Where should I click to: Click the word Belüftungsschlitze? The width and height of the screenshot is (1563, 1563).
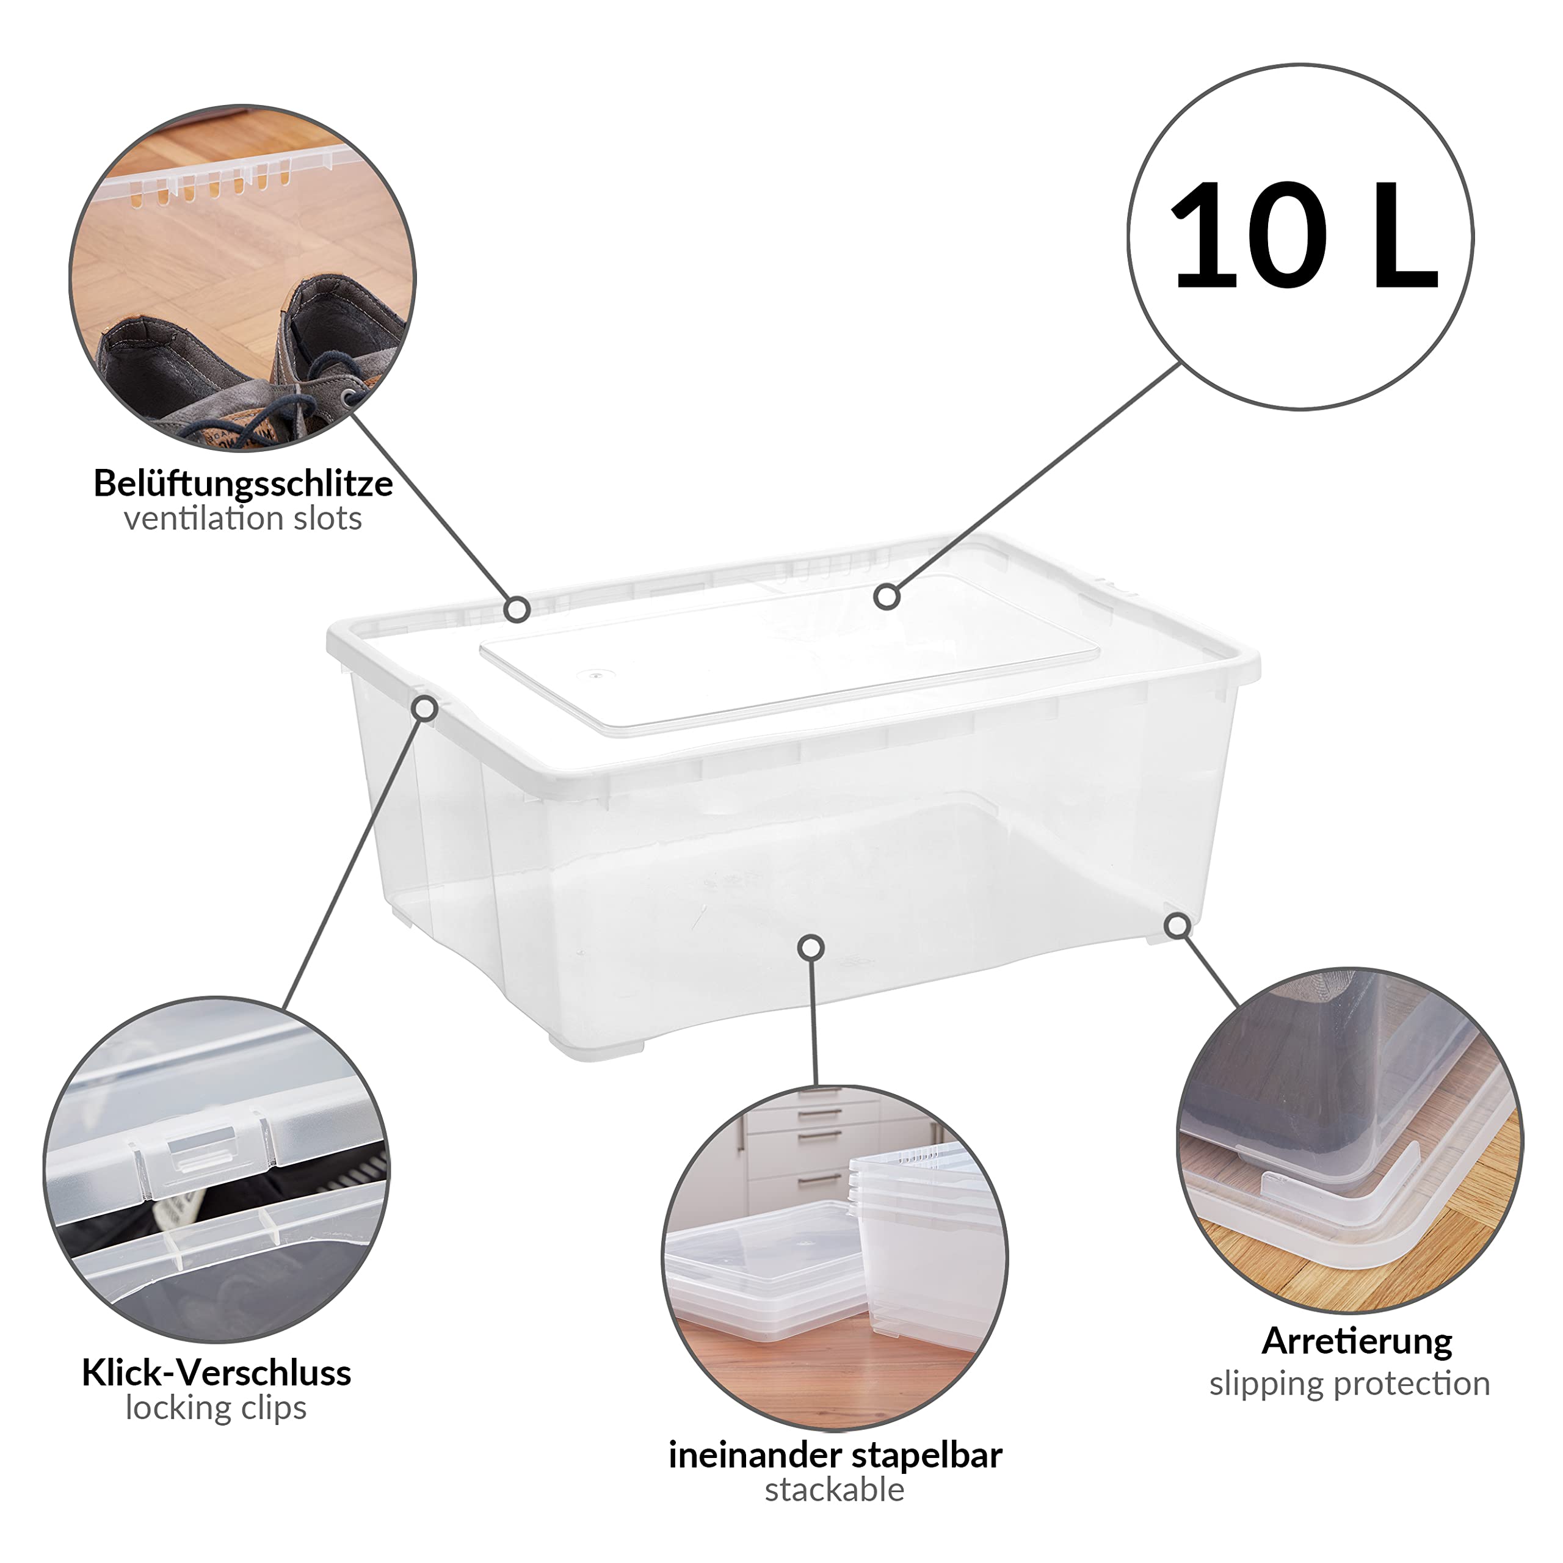(244, 484)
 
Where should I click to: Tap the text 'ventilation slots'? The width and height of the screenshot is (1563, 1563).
(243, 518)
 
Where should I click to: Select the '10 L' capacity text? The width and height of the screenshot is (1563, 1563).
(1302, 236)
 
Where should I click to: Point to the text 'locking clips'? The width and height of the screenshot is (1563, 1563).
(216, 1409)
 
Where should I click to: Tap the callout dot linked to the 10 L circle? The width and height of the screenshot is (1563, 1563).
(888, 597)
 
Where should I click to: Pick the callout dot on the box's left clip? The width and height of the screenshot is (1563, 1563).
(426, 709)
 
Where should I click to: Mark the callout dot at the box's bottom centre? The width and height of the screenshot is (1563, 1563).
(811, 946)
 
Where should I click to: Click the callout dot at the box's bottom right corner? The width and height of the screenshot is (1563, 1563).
(1179, 925)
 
